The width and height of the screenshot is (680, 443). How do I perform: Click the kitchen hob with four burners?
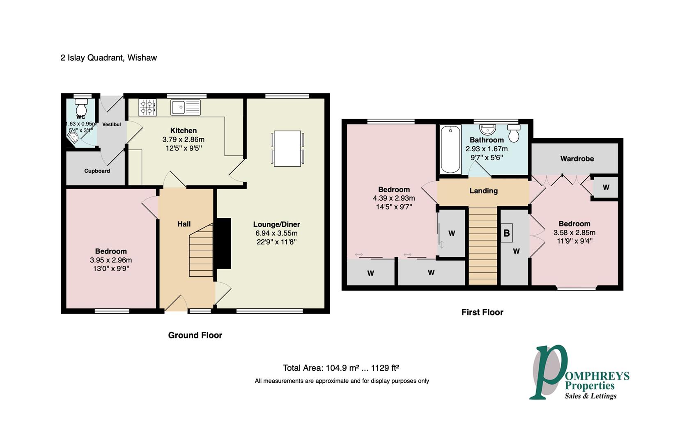pyautogui.click(x=147, y=107)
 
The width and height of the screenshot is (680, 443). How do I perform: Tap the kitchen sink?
pyautogui.click(x=185, y=107)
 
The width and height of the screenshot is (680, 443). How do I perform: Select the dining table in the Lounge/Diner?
pyautogui.click(x=287, y=148)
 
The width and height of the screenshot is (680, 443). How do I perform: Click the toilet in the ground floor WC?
pyautogui.click(x=81, y=109)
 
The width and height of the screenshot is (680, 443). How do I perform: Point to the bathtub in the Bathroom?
pyautogui.click(x=450, y=150)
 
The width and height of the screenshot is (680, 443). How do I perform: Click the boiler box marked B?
pyautogui.click(x=507, y=233)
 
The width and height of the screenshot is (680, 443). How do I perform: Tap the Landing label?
pyautogui.click(x=483, y=191)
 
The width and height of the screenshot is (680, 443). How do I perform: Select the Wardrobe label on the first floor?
pyautogui.click(x=577, y=159)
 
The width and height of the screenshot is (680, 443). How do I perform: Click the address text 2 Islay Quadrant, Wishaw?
pyautogui.click(x=108, y=58)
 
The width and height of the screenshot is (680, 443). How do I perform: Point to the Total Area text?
pyautogui.click(x=341, y=368)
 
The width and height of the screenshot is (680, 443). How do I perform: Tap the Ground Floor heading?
pyautogui.click(x=195, y=335)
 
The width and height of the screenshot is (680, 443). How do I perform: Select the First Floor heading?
pyautogui.click(x=482, y=312)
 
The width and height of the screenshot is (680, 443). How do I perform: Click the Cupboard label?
pyautogui.click(x=97, y=171)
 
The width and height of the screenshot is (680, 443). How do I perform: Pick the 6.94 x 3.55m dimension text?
pyautogui.click(x=276, y=233)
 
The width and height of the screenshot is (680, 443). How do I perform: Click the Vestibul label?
pyautogui.click(x=111, y=124)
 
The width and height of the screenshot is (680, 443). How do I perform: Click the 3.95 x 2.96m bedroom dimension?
pyautogui.click(x=111, y=260)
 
